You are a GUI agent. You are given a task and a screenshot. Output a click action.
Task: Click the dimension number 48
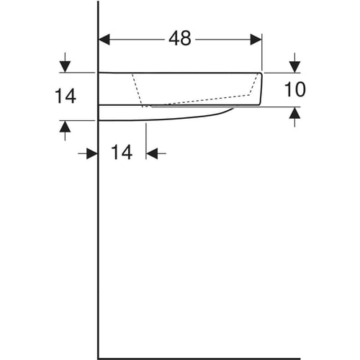coord(180,38)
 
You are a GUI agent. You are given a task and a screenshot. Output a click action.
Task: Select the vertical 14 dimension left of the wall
coord(66,96)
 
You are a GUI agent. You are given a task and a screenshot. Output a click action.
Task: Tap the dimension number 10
coord(294,89)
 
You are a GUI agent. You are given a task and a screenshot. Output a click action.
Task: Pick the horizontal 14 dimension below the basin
coord(122,152)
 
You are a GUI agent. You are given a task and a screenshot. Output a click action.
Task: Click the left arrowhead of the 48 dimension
coord(104,40)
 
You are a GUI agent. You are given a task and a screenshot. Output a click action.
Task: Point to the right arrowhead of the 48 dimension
coord(256,40)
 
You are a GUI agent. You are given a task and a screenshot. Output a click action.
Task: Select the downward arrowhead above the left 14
coord(66,67)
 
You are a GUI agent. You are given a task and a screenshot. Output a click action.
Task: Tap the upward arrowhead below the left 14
coord(66,127)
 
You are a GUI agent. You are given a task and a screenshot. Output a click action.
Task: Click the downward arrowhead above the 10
coord(294,67)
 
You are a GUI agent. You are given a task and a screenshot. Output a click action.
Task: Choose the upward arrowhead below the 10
coord(294,112)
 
